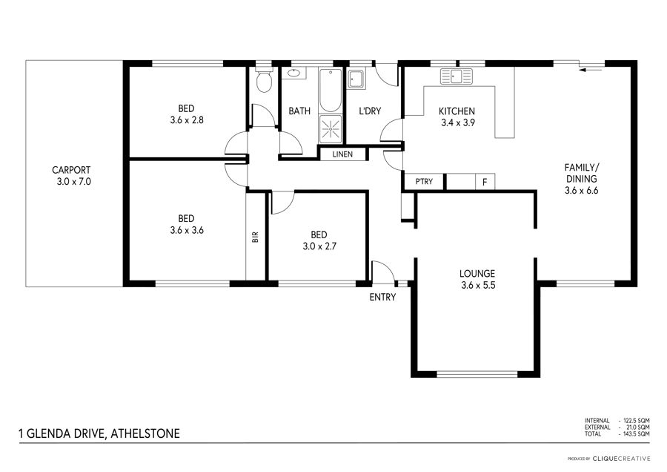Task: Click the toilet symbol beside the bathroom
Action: pyautogui.click(x=265, y=79)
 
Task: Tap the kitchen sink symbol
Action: pyautogui.click(x=457, y=76)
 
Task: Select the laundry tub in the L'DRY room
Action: pyautogui.click(x=356, y=79)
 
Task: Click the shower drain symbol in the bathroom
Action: pyautogui.click(x=331, y=128)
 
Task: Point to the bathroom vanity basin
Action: pyautogui.click(x=293, y=73)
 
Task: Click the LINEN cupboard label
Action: pyautogui.click(x=342, y=154)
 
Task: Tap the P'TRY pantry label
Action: pyautogui.click(x=424, y=182)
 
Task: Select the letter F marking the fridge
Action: pyautogui.click(x=485, y=183)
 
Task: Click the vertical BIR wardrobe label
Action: pyautogui.click(x=255, y=237)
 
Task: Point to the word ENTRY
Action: pyautogui.click(x=382, y=298)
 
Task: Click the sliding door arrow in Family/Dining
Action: pyautogui.click(x=591, y=70)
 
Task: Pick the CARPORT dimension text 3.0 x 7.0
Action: pyautogui.click(x=74, y=182)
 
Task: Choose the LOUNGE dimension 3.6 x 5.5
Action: pyautogui.click(x=478, y=286)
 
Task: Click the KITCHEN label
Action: pyautogui.click(x=457, y=111)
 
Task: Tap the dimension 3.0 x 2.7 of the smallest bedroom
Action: pyautogui.click(x=319, y=246)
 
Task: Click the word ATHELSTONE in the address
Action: pyautogui.click(x=145, y=434)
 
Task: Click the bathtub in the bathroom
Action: pyautogui.click(x=330, y=91)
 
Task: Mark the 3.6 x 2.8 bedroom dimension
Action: pyautogui.click(x=187, y=120)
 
